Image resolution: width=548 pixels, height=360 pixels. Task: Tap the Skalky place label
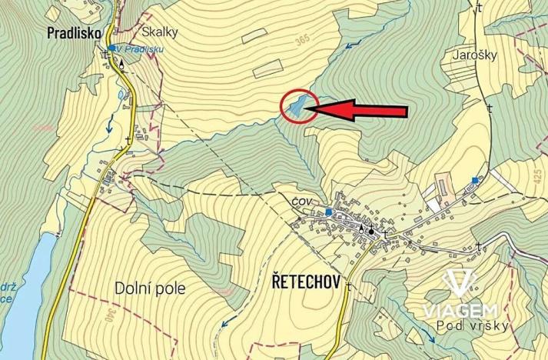(x=160, y=32)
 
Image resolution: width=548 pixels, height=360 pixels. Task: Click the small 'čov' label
(x=301, y=201)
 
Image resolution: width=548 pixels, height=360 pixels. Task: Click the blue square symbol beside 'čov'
(x=328, y=212)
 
